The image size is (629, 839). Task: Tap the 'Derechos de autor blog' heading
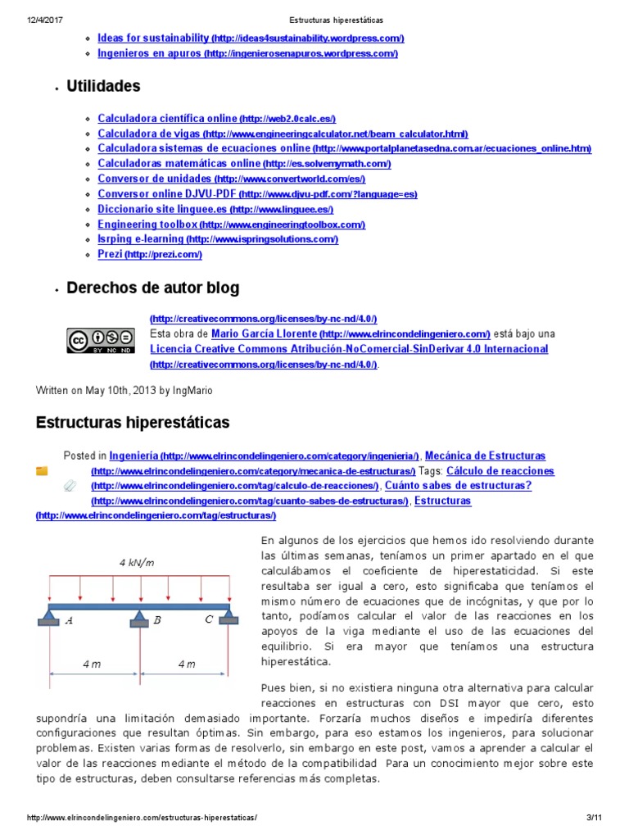click(152, 288)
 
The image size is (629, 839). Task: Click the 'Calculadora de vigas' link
click(149, 134)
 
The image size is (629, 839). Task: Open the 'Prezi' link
click(110, 254)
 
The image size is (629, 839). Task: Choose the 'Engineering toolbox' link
click(147, 224)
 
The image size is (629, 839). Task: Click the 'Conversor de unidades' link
click(154, 179)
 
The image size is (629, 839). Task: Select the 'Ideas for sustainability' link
click(153, 38)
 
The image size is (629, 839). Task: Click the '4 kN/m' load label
click(137, 562)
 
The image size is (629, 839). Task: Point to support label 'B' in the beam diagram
click(156, 620)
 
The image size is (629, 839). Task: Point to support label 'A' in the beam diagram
click(70, 620)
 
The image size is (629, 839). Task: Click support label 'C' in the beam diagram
click(210, 620)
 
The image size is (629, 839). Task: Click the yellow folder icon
click(43, 471)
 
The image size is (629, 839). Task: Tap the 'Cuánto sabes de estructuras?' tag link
click(458, 485)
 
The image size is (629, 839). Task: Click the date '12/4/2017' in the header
click(42, 19)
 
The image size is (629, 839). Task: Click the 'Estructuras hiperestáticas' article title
click(133, 423)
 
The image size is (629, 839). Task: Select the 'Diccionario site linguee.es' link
click(150, 209)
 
